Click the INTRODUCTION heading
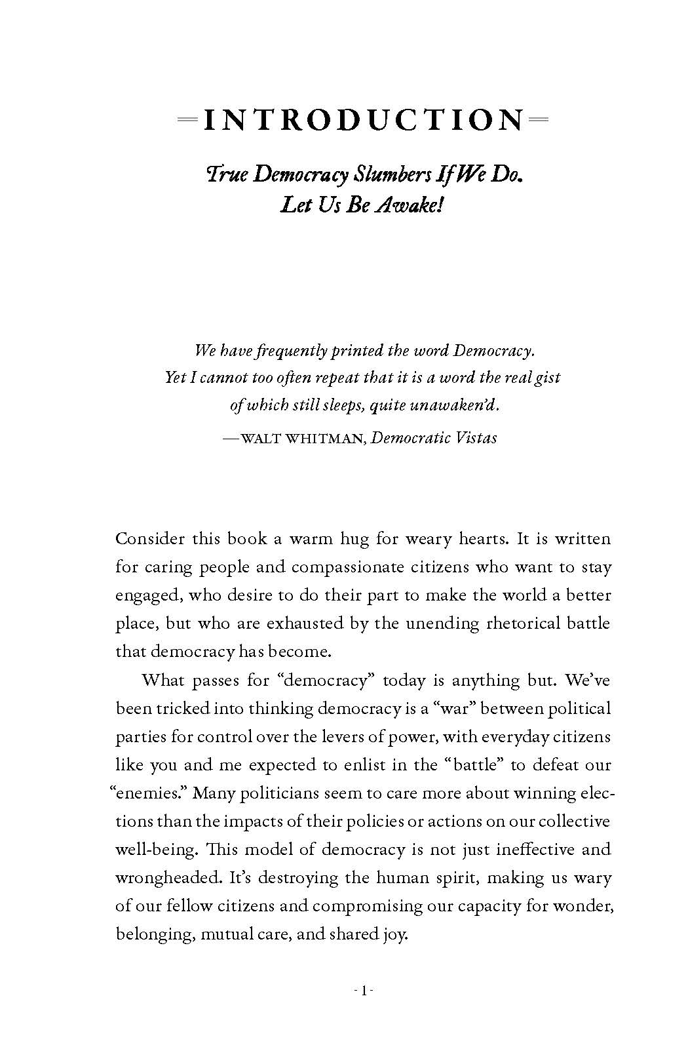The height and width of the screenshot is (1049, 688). tap(364, 120)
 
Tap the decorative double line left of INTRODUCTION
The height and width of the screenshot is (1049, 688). tap(188, 120)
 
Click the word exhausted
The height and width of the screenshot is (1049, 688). tap(305, 623)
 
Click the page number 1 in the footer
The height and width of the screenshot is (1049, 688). tap(363, 991)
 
